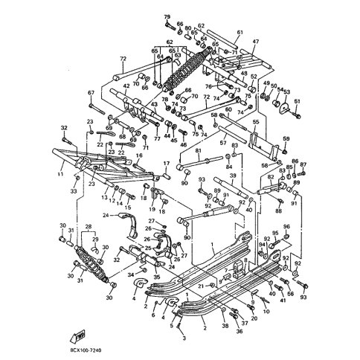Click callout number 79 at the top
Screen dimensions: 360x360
click(x=167, y=16)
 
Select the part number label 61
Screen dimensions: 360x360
click(x=240, y=33)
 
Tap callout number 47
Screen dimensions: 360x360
click(x=255, y=42)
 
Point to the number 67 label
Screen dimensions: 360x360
click(x=91, y=93)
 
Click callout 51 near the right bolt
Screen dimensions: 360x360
click(x=297, y=101)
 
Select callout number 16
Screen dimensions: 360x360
click(x=138, y=155)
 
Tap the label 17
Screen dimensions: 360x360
click(x=167, y=163)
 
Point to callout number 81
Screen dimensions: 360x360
click(x=198, y=150)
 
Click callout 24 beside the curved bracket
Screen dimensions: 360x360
click(x=106, y=216)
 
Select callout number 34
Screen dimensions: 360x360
click(x=130, y=274)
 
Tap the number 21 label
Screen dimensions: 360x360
click(x=200, y=286)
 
